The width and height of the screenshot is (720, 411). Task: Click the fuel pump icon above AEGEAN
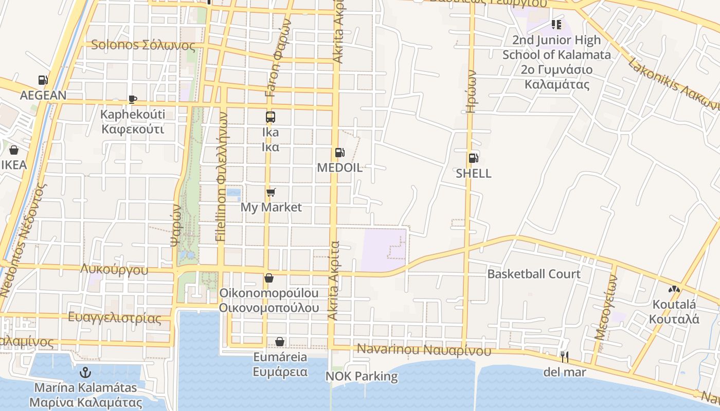coord(43,80)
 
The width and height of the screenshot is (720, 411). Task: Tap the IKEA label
coord(14,165)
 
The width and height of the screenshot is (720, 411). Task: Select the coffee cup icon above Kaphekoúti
coord(133,99)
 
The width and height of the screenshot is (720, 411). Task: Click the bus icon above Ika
coord(271,117)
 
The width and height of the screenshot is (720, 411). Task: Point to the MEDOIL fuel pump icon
coord(339,153)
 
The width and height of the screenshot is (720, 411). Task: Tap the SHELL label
coord(473,174)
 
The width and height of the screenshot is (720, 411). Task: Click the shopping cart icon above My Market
coord(271,193)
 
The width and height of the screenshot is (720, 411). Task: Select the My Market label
coord(271,208)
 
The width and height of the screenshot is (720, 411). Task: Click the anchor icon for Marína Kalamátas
coord(86,371)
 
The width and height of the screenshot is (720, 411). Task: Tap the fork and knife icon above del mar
coord(565,356)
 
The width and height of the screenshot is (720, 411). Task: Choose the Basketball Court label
coord(534,274)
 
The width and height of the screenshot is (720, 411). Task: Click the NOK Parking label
coord(362,377)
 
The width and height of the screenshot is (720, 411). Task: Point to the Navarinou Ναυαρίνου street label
coord(424,350)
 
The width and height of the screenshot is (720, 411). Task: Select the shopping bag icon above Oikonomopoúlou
coord(268,278)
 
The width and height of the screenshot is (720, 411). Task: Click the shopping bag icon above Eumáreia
coord(280,342)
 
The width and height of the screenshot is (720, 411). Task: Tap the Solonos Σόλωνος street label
coord(143,45)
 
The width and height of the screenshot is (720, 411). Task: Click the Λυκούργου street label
coord(114,270)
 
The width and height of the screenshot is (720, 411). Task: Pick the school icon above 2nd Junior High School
coord(556,24)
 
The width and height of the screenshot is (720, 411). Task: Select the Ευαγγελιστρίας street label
coord(115,317)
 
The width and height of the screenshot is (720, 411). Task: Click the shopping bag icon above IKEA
coord(14,150)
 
